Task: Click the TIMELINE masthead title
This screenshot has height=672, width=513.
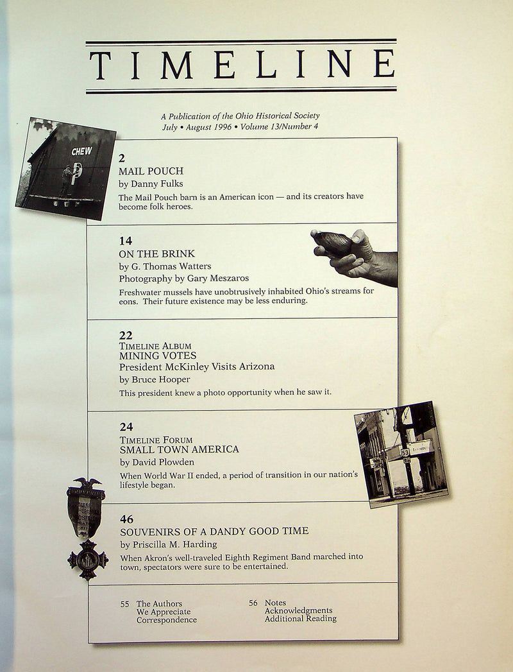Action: [x=242, y=64]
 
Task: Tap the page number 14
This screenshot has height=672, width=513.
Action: [x=126, y=241]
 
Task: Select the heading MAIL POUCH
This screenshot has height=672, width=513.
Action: [x=151, y=171]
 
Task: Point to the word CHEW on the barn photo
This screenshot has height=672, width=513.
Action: [x=82, y=151]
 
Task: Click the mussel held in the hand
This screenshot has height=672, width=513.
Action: [x=332, y=243]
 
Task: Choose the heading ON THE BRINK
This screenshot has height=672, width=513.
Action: [x=156, y=254]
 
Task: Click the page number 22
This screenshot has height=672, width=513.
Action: [x=126, y=335]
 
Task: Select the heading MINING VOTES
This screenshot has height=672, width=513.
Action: [x=158, y=356]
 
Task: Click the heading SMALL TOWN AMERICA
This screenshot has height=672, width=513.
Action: [x=180, y=449]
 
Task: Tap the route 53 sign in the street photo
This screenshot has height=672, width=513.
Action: [x=405, y=452]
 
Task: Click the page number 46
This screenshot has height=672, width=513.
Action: [x=127, y=519]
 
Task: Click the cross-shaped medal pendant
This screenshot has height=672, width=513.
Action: [x=88, y=560]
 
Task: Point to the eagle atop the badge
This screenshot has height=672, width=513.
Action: [x=87, y=484]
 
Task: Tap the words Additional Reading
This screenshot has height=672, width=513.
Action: [x=301, y=619]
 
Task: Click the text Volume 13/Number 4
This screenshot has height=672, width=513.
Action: [x=279, y=127]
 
